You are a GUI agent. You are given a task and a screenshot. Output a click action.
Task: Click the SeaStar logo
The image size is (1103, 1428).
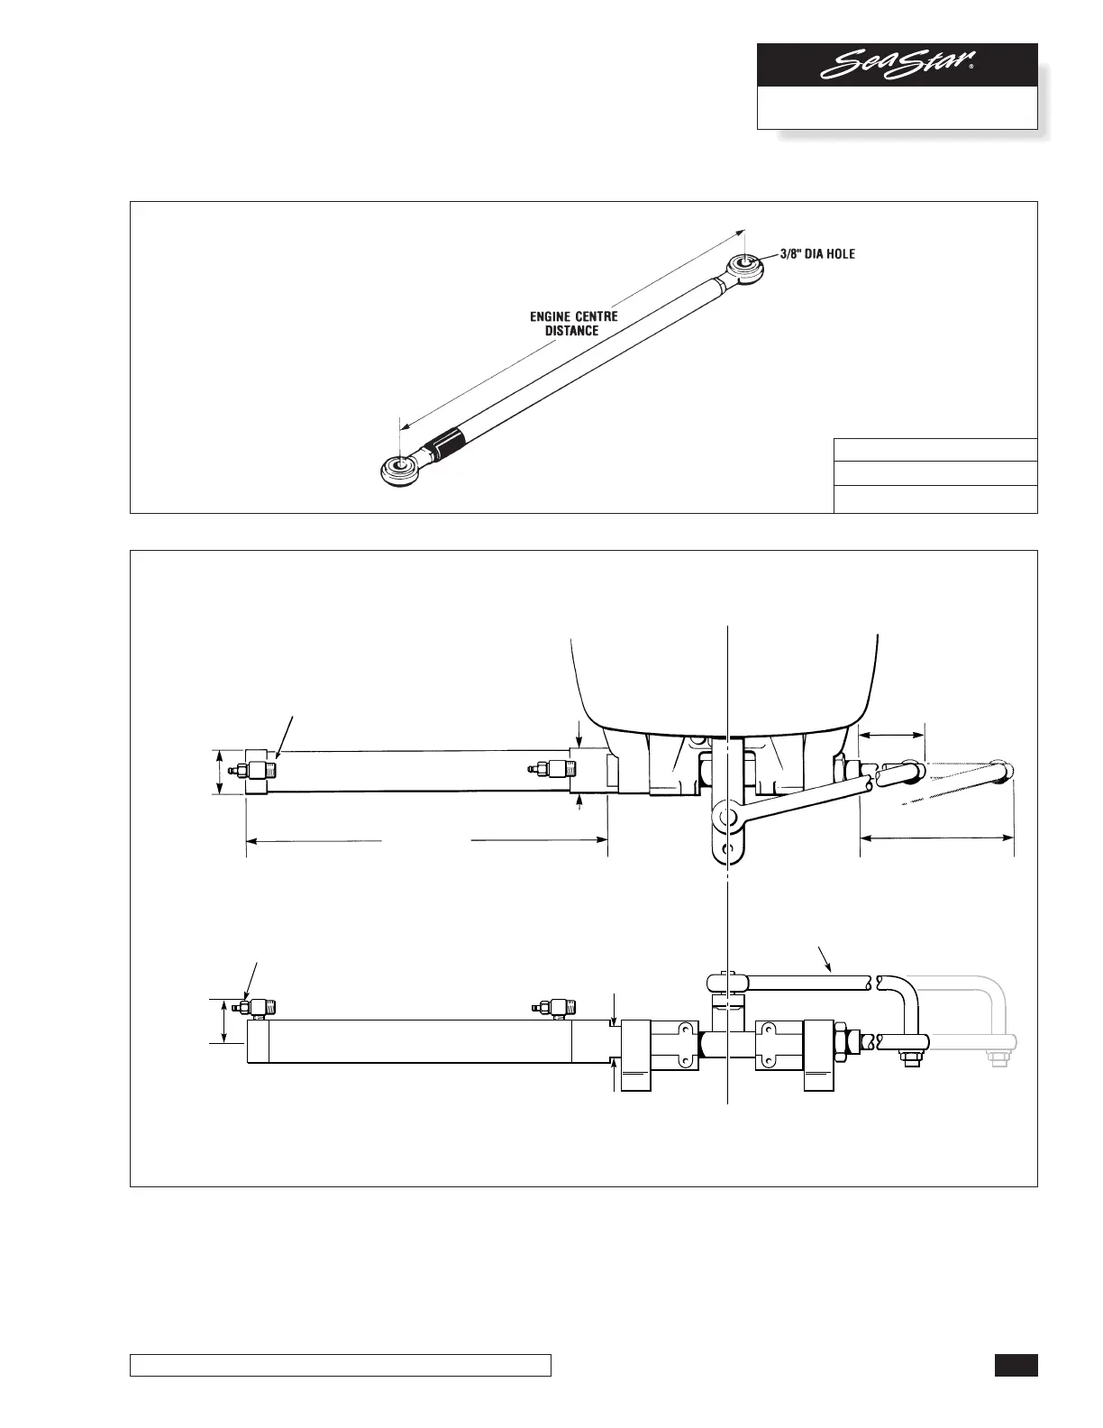click(898, 66)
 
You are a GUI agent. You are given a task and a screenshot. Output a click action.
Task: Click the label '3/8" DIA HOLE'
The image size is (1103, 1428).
click(817, 254)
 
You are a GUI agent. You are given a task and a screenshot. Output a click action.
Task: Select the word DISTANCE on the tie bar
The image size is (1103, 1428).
click(571, 331)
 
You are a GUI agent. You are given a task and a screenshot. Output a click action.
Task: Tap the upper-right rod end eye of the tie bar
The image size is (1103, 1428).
click(746, 265)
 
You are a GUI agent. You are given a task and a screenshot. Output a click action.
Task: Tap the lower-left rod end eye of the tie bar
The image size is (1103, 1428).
click(397, 469)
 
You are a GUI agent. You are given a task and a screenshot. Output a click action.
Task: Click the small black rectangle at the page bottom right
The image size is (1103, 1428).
click(1016, 1366)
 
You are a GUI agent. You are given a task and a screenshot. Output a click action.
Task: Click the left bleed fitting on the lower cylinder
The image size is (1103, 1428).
click(256, 1007)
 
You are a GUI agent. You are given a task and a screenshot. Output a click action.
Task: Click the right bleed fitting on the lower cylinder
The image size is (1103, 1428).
click(555, 1007)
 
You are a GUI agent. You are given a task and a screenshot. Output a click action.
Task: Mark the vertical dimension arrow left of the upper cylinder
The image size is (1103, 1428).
click(220, 773)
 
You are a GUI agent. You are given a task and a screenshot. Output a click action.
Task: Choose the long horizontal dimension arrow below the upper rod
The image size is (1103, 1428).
click(937, 838)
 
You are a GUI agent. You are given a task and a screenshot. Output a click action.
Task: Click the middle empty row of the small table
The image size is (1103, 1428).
click(935, 473)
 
